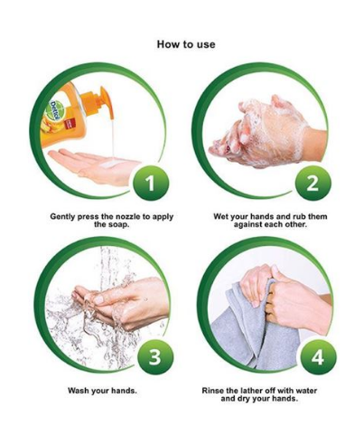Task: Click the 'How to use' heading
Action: tap(186, 44)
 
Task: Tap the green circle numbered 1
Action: tap(150, 183)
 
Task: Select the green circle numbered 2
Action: tap(312, 183)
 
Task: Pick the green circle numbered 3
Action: tap(155, 356)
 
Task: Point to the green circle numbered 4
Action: tap(318, 356)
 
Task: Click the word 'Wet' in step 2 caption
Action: tap(221, 217)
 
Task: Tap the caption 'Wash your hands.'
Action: tap(102, 391)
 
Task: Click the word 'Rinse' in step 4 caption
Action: tap(213, 391)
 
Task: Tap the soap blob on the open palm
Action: tap(112, 163)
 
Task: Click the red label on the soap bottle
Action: tap(70, 125)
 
